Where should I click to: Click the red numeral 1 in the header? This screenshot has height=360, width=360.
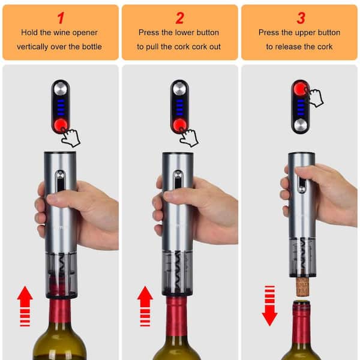(61, 18)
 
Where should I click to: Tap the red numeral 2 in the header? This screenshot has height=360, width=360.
(179, 18)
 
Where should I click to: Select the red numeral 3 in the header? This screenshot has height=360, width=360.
(301, 18)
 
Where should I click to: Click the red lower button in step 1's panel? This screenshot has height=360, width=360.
(61, 125)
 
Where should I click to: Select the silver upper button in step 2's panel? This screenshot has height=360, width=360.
(179, 89)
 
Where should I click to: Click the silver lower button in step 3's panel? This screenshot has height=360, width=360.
(301, 125)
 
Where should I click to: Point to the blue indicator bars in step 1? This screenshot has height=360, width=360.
(61, 107)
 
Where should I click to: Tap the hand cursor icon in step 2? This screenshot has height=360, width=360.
(190, 137)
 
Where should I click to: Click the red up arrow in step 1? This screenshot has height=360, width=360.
(25, 306)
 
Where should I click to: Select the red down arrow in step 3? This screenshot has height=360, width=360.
(269, 306)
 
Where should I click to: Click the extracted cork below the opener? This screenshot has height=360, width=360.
(302, 286)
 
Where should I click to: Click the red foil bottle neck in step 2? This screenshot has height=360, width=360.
(177, 317)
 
